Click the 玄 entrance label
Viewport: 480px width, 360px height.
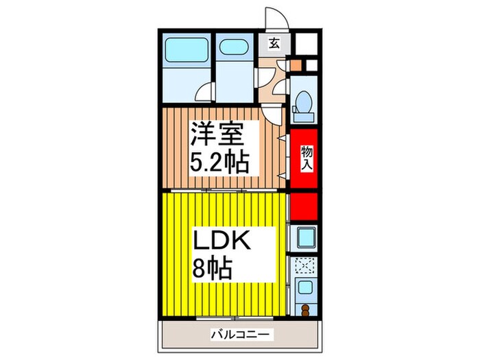click(x=274, y=43)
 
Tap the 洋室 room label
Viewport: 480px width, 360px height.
click(x=218, y=134)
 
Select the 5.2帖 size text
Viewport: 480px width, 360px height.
click(x=219, y=163)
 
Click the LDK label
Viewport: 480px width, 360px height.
click(x=221, y=241)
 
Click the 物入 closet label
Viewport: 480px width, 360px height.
click(x=307, y=158)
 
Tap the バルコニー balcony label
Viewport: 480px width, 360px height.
click(x=242, y=334)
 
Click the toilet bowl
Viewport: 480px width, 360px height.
click(x=304, y=102)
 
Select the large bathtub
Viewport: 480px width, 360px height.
click(x=187, y=50)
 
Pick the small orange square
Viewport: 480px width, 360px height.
click(x=296, y=64)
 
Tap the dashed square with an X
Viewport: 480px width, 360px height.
click(x=304, y=266)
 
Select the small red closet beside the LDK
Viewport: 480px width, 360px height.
click(x=304, y=206)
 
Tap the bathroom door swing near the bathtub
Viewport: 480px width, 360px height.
click(x=204, y=92)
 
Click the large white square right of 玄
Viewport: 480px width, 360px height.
click(x=306, y=43)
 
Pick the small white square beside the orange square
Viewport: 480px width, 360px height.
click(x=311, y=65)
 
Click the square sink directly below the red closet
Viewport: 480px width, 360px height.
click(x=304, y=237)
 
